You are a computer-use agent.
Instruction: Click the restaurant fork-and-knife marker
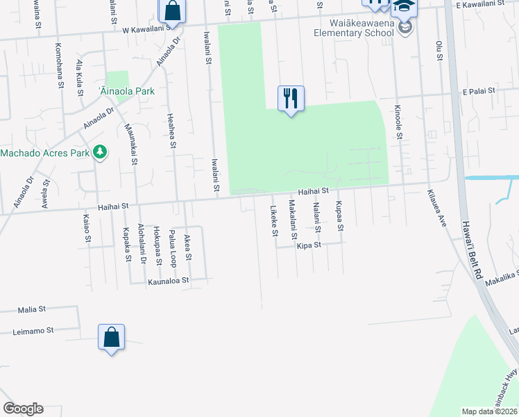point(291,98)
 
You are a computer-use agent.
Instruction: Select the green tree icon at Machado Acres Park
point(101,152)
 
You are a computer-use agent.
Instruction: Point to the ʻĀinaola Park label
point(126,91)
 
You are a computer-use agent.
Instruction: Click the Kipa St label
point(309,245)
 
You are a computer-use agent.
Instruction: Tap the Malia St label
point(32,308)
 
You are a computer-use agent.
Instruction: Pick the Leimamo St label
point(33,332)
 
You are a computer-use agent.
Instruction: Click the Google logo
point(23,409)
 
